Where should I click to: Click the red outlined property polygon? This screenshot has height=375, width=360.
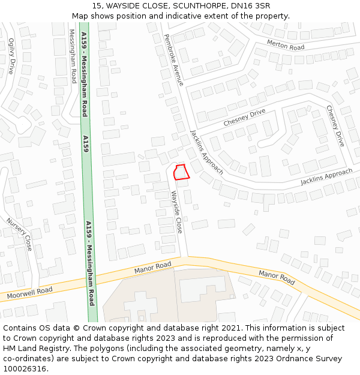181,172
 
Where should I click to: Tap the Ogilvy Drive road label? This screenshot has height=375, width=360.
10,56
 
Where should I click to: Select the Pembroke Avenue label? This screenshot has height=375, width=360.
173,59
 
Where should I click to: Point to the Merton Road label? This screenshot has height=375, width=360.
286,44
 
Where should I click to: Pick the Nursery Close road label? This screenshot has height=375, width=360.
19,233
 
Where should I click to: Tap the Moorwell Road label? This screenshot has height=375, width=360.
29,293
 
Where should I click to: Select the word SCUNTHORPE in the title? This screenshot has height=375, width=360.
197,5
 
